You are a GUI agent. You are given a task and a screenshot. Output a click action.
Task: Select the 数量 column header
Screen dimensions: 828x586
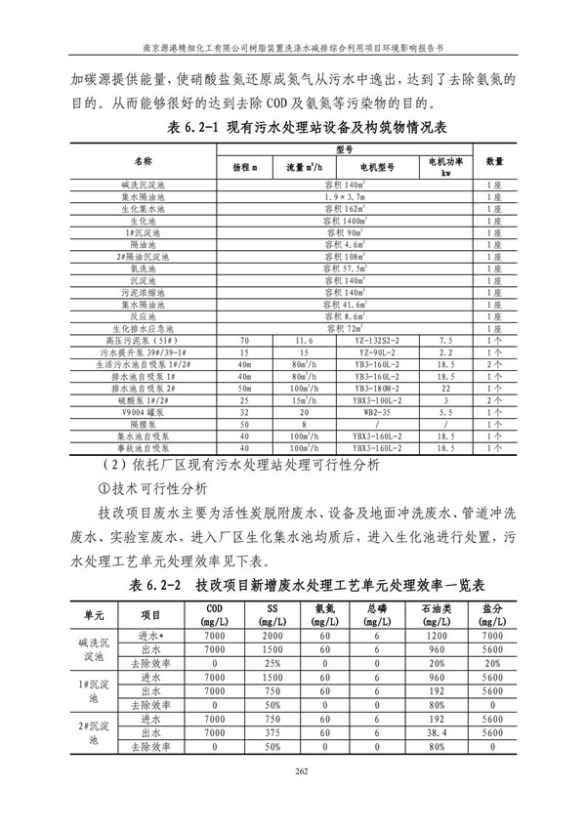(494, 160)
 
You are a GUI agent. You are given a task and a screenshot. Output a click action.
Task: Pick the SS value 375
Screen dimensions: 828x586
(275, 731)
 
